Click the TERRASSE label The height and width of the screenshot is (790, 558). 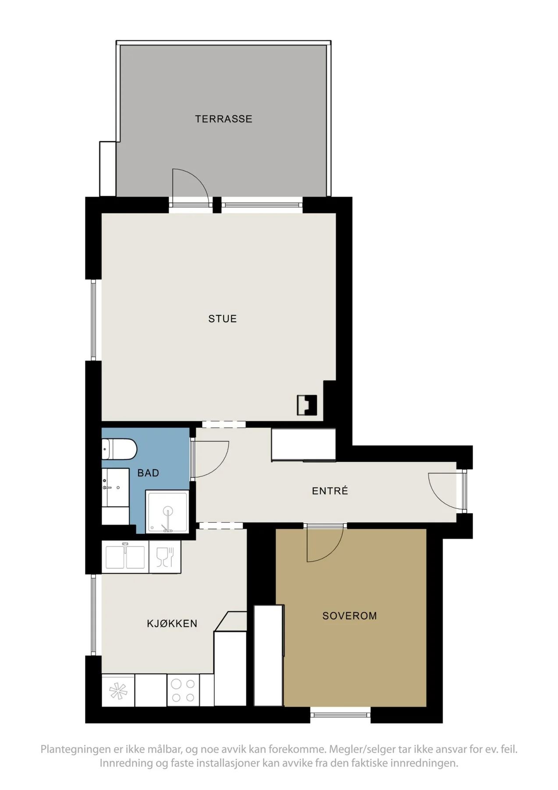(224, 119)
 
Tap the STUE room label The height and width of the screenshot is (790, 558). (223, 319)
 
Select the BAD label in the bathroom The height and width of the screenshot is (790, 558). (148, 473)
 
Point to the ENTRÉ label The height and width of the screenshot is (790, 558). (330, 491)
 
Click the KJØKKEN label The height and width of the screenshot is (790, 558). (172, 623)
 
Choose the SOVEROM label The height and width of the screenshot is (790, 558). (350, 616)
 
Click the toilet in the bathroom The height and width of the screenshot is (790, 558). (119, 449)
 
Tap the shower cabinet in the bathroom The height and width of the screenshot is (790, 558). (167, 512)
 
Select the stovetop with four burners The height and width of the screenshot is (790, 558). (183, 690)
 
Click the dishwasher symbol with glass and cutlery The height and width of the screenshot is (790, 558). (165, 557)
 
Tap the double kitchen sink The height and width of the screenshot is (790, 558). (125, 557)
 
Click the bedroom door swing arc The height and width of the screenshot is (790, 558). (333, 553)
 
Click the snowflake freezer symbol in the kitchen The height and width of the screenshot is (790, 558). (118, 690)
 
